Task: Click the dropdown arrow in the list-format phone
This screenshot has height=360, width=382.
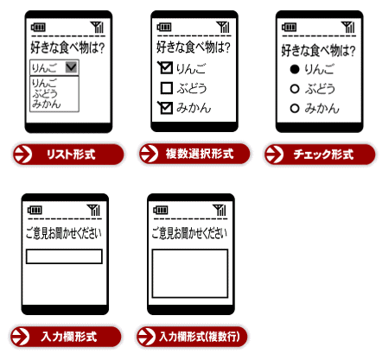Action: click(x=71, y=67)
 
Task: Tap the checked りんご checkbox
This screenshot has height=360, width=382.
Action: click(x=166, y=68)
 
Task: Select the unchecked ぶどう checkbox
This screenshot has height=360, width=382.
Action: click(x=167, y=88)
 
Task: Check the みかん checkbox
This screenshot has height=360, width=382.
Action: click(x=166, y=108)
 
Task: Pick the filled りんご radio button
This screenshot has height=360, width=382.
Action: click(x=295, y=69)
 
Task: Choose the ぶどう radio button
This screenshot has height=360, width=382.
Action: click(x=295, y=89)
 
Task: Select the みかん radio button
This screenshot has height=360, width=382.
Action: click(x=295, y=109)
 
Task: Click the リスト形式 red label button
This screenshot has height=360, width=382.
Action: click(x=68, y=155)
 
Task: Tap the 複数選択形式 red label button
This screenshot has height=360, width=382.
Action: click(x=194, y=154)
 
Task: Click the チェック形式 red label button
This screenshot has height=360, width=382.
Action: click(x=320, y=155)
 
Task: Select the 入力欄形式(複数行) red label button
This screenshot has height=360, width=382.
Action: click(x=192, y=337)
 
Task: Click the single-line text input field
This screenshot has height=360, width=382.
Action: click(x=64, y=256)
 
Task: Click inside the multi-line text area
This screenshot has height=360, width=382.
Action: click(x=190, y=274)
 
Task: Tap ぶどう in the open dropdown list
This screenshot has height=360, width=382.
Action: click(x=45, y=93)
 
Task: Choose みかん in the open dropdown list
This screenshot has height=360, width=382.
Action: click(x=47, y=104)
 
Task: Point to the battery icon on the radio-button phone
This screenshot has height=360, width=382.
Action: click(x=290, y=28)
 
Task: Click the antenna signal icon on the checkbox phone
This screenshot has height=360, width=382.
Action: click(x=223, y=27)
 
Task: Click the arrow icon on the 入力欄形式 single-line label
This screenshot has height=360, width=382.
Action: click(x=20, y=337)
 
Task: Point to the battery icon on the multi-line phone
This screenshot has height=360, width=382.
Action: click(x=160, y=210)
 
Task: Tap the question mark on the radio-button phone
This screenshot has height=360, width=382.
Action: click(x=352, y=51)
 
